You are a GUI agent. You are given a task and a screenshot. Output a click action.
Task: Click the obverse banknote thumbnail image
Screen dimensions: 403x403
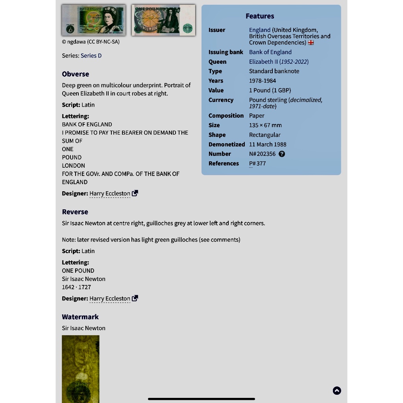pos(94,20)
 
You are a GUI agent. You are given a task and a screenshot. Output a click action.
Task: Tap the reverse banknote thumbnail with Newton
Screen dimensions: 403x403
pos(163,20)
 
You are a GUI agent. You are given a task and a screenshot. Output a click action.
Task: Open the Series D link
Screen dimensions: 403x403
pos(91,55)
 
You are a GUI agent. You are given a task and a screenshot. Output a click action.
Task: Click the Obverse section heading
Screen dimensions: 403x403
pos(76,74)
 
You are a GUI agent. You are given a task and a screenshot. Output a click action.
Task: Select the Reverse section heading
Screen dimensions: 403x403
pos(75,212)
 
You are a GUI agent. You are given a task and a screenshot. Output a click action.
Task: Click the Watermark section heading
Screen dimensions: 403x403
pos(80,317)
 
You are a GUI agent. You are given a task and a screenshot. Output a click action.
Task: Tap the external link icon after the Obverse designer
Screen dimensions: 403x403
pos(135,193)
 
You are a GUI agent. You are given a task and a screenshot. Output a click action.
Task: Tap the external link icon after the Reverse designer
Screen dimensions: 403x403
pos(135,298)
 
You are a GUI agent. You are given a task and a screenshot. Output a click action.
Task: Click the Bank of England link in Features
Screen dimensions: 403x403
pos(270,52)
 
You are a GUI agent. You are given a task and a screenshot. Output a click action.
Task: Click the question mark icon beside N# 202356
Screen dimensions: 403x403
pos(282,154)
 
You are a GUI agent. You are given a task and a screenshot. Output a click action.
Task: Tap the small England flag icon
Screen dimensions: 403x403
pos(311,43)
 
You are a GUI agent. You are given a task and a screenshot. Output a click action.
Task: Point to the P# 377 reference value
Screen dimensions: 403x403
pos(257,163)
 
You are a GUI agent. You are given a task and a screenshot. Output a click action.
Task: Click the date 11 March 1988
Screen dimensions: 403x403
pos(268,144)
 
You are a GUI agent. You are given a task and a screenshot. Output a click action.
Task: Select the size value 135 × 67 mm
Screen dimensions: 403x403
pos(265,125)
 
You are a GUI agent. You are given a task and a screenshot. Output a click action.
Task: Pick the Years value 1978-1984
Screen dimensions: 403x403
pos(262,81)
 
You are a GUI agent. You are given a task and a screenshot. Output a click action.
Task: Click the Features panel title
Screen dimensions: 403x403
pos(260,16)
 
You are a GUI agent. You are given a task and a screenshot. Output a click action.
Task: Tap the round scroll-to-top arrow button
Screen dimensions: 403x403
pos(337,390)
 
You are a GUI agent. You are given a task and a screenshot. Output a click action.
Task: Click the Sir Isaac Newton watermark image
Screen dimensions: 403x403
pos(81,369)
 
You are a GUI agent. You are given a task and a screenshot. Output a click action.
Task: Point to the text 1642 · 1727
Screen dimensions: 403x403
pos(76,287)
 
